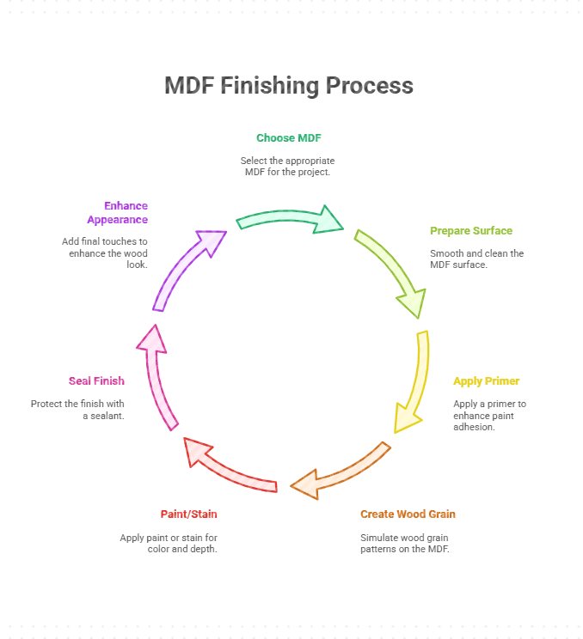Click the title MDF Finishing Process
[x=289, y=86]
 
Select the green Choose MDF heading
[x=288, y=137]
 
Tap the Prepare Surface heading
[x=470, y=231]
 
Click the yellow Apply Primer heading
[x=486, y=381]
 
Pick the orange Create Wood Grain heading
[x=408, y=514]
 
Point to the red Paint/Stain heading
[x=188, y=514]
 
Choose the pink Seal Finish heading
[x=96, y=381]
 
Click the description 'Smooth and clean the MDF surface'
[x=476, y=259]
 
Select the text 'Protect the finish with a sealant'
[x=77, y=410]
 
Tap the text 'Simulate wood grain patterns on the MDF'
[x=404, y=543]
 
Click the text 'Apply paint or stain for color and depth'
[x=169, y=543]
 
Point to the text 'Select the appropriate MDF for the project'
[x=288, y=166]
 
